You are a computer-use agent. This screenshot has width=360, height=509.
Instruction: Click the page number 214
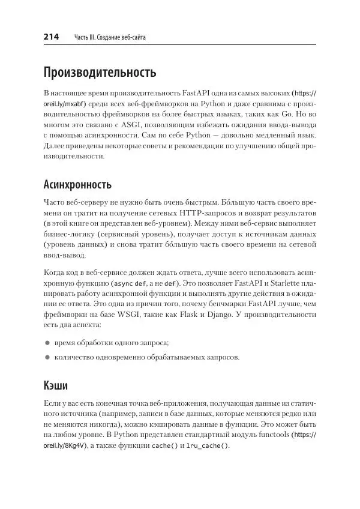tap(51, 37)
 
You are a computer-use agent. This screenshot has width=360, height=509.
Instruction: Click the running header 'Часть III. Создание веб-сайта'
tap(110, 38)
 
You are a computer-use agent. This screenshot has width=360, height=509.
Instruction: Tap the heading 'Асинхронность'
tap(78, 184)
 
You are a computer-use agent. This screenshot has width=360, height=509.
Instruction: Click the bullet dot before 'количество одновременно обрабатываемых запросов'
tap(47, 357)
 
